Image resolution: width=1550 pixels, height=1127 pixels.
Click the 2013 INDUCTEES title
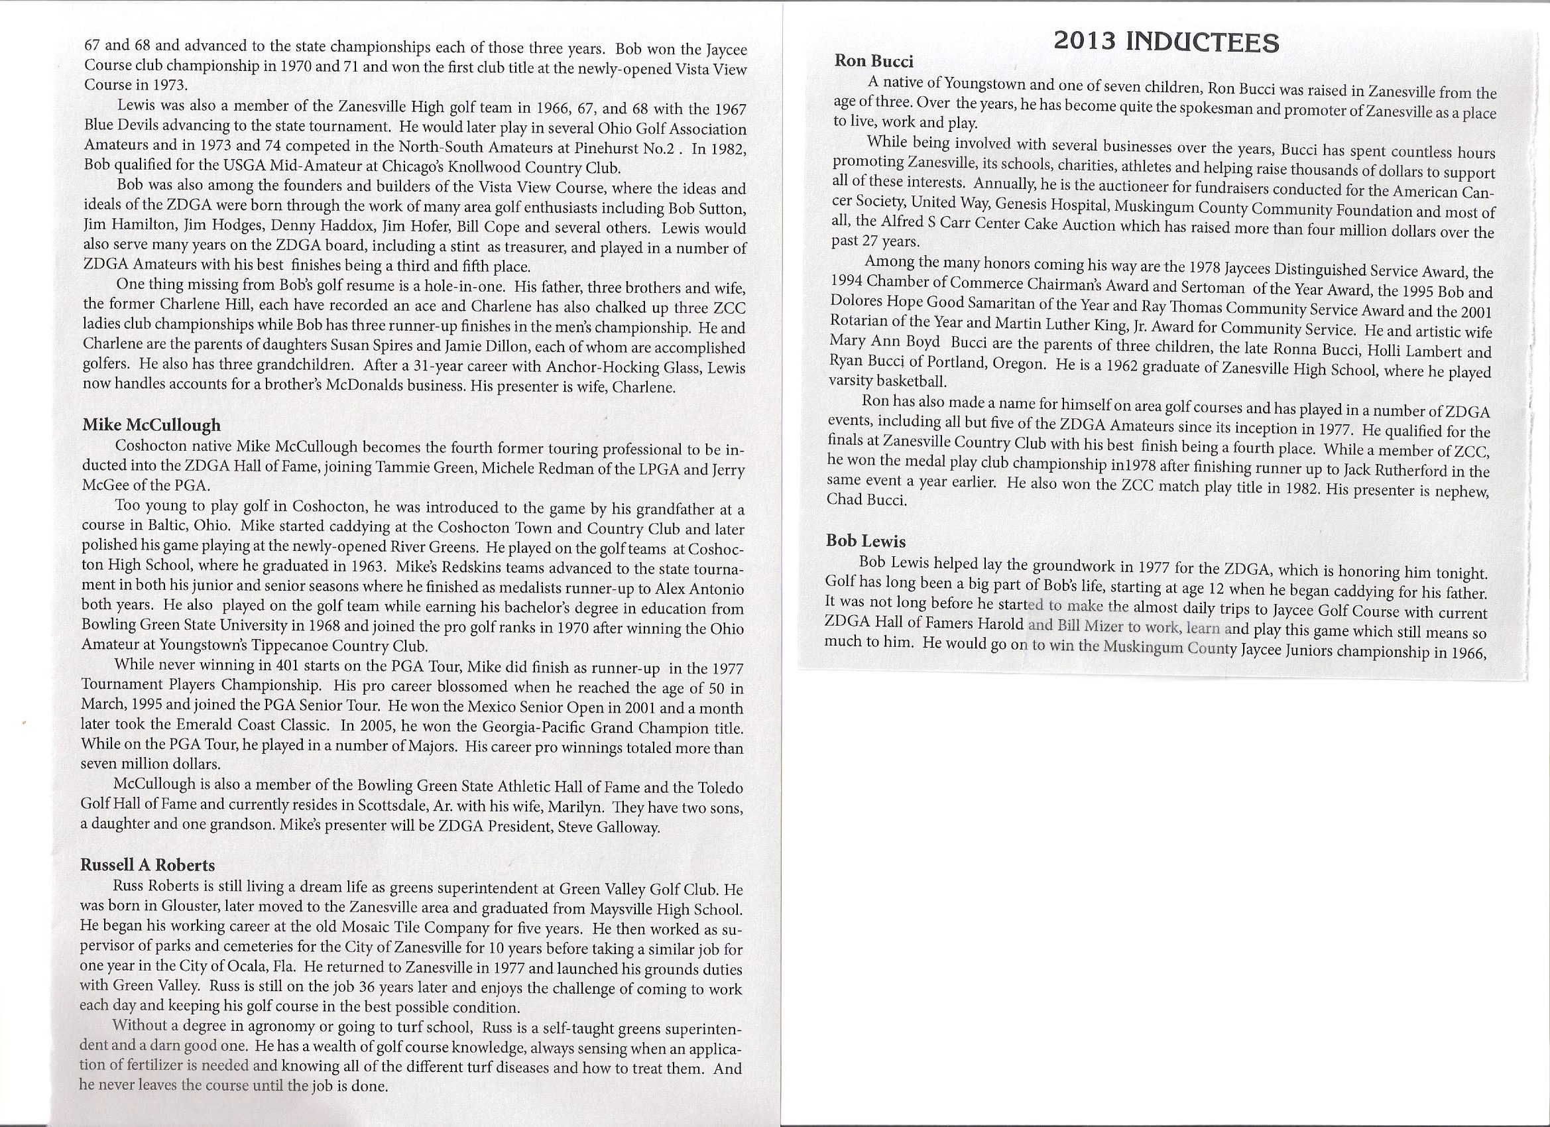[x=1166, y=42]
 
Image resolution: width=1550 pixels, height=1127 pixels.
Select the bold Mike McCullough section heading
[x=151, y=425]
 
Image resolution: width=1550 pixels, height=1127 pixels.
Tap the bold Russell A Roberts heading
[x=148, y=864]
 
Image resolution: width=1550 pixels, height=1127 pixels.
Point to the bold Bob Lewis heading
[x=866, y=541]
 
